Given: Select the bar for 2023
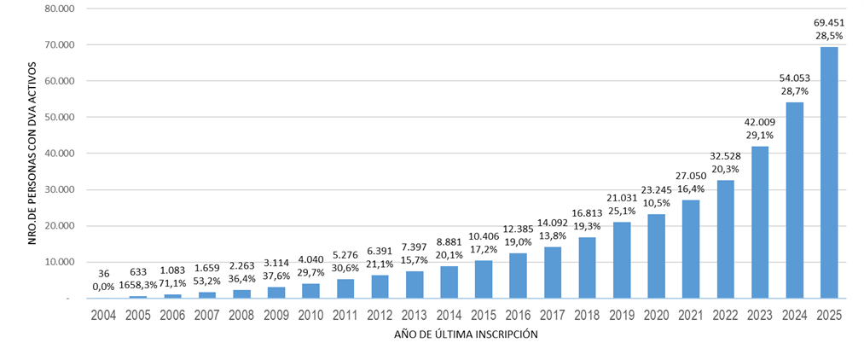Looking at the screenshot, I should click(759, 223).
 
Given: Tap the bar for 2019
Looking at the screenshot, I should click(621, 260).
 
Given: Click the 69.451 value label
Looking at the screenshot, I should click(828, 22).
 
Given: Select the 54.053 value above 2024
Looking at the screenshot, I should click(794, 78).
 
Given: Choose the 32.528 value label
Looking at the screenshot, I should click(725, 155).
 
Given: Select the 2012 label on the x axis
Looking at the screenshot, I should click(379, 315).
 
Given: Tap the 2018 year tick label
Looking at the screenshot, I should click(587, 315).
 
